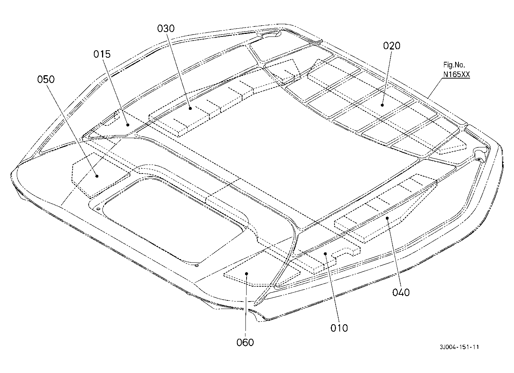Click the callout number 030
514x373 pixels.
166,28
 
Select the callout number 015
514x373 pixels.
102,54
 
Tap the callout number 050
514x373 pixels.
46,79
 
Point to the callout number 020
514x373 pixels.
392,46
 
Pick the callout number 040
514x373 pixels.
401,293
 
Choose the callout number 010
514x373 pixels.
339,328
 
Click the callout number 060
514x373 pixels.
245,342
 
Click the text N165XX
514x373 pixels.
456,74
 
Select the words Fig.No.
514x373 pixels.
454,65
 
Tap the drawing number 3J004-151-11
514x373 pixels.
459,347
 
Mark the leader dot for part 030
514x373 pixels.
190,108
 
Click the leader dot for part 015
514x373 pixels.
128,125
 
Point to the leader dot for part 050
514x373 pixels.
97,176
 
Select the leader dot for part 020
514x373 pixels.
382,105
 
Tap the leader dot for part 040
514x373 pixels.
387,218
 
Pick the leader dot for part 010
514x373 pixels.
325,253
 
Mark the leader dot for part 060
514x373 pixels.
247,274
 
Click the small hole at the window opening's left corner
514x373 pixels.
98,209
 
